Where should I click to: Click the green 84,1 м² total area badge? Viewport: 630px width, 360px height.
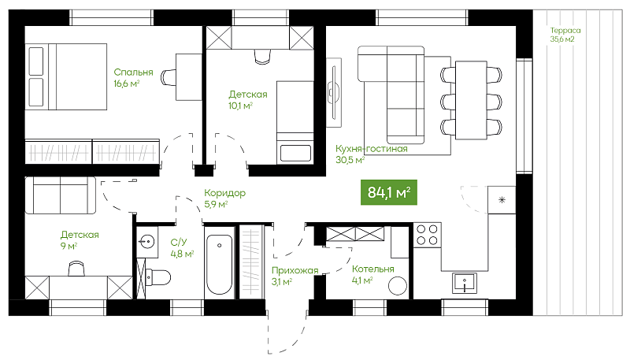click(388, 192)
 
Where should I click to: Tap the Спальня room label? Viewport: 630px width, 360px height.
click(133, 72)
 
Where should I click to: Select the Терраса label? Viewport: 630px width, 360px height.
click(565, 31)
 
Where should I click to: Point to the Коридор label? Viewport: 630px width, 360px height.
click(224, 193)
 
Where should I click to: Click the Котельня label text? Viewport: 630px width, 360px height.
click(372, 269)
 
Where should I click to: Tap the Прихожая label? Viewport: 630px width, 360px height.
click(295, 271)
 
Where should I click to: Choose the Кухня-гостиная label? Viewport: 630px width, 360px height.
click(372, 149)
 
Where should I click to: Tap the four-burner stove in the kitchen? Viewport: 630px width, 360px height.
click(427, 235)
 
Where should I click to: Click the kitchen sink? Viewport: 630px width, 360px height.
click(465, 283)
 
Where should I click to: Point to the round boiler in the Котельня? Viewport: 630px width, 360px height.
click(398, 286)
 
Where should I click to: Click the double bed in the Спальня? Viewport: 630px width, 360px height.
click(66, 76)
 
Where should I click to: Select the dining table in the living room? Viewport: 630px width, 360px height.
click(471, 100)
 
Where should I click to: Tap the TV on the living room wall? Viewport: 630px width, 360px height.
click(333, 92)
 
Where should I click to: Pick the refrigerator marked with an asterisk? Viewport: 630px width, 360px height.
click(502, 199)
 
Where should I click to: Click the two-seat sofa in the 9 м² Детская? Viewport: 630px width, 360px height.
click(61, 195)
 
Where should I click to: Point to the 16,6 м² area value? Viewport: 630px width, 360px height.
click(127, 84)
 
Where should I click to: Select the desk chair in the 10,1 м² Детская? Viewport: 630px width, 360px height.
click(262, 56)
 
